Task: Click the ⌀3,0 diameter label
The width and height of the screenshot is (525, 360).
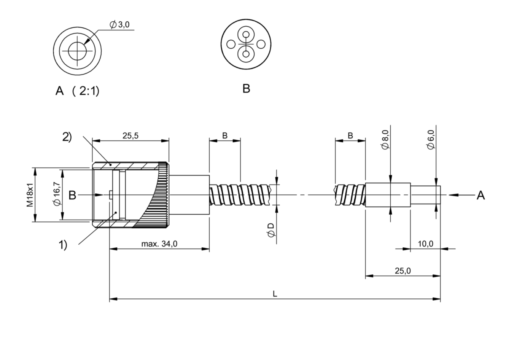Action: click(x=119, y=24)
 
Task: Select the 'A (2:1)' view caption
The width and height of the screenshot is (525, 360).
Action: click(x=77, y=91)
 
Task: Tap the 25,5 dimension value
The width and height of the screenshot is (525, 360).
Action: click(x=130, y=136)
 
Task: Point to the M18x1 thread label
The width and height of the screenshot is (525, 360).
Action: click(x=30, y=195)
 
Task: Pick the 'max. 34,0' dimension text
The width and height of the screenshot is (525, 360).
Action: click(x=159, y=244)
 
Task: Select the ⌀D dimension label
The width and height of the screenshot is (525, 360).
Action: click(x=271, y=230)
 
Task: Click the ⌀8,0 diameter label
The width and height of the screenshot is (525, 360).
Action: click(x=385, y=139)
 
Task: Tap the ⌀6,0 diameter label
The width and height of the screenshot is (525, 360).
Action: click(x=431, y=139)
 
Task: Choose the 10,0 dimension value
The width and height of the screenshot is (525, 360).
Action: click(x=426, y=244)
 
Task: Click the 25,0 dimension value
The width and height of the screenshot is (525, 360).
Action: click(x=402, y=271)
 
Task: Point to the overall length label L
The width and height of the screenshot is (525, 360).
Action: click(x=275, y=294)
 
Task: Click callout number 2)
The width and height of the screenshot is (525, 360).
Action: click(x=67, y=137)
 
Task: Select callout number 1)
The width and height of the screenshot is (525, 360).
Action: click(x=62, y=245)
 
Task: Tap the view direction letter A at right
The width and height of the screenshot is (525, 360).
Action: click(x=481, y=195)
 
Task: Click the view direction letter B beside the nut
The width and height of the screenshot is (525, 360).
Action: click(x=72, y=195)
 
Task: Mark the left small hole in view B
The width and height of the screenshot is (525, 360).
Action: click(x=231, y=44)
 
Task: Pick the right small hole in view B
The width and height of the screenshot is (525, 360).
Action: click(x=261, y=44)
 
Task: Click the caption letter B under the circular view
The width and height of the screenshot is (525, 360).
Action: click(x=246, y=89)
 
